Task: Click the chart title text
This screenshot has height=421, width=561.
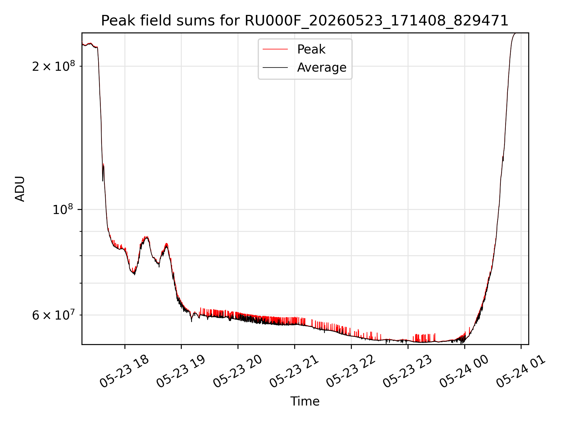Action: [305, 21]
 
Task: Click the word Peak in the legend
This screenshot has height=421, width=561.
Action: [311, 49]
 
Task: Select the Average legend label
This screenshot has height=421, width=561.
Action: [322, 68]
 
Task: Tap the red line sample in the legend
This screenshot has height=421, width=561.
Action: [275, 49]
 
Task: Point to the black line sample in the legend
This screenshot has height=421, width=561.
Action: [275, 68]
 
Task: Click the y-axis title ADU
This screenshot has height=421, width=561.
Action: [20, 189]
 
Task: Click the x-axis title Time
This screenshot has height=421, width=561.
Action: [305, 401]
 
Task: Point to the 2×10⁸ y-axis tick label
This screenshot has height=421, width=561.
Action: [53, 66]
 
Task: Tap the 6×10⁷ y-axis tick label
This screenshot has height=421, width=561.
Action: [53, 315]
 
